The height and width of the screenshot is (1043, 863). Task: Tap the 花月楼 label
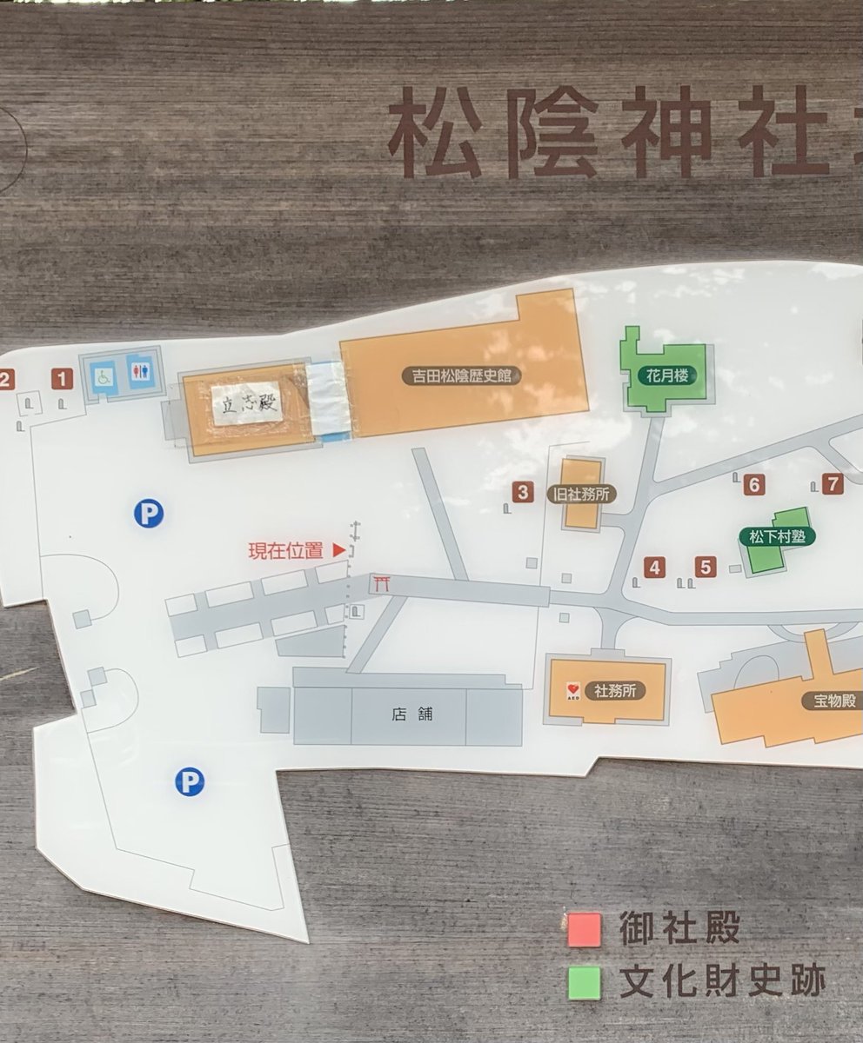pyautogui.click(x=667, y=376)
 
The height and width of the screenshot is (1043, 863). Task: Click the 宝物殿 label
pyautogui.click(x=830, y=701)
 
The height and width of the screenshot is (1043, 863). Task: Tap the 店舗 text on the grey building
pyautogui.click(x=401, y=714)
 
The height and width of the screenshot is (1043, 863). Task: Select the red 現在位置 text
pyautogui.click(x=285, y=550)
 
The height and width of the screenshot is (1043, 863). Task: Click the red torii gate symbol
pyautogui.click(x=381, y=583)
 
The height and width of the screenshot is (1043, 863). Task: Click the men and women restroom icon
pyautogui.click(x=139, y=372)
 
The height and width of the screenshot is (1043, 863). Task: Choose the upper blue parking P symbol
pyautogui.click(x=149, y=514)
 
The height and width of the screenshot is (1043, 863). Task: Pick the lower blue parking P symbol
pyautogui.click(x=189, y=781)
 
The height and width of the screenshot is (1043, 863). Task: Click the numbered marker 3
pyautogui.click(x=522, y=493)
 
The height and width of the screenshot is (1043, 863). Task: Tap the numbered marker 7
pyautogui.click(x=833, y=484)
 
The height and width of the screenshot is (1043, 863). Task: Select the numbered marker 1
pyautogui.click(x=61, y=378)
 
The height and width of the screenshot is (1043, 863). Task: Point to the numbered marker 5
pyautogui.click(x=706, y=568)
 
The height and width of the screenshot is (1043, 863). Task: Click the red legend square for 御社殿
pyautogui.click(x=584, y=930)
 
